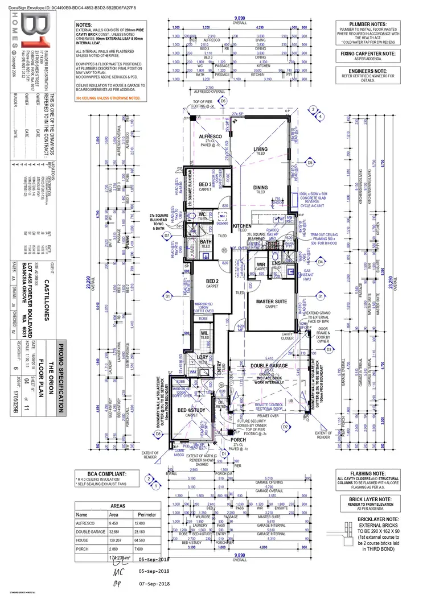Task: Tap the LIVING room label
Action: pos(260,149)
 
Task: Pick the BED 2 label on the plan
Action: pos(213,282)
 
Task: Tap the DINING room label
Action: pos(260,187)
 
